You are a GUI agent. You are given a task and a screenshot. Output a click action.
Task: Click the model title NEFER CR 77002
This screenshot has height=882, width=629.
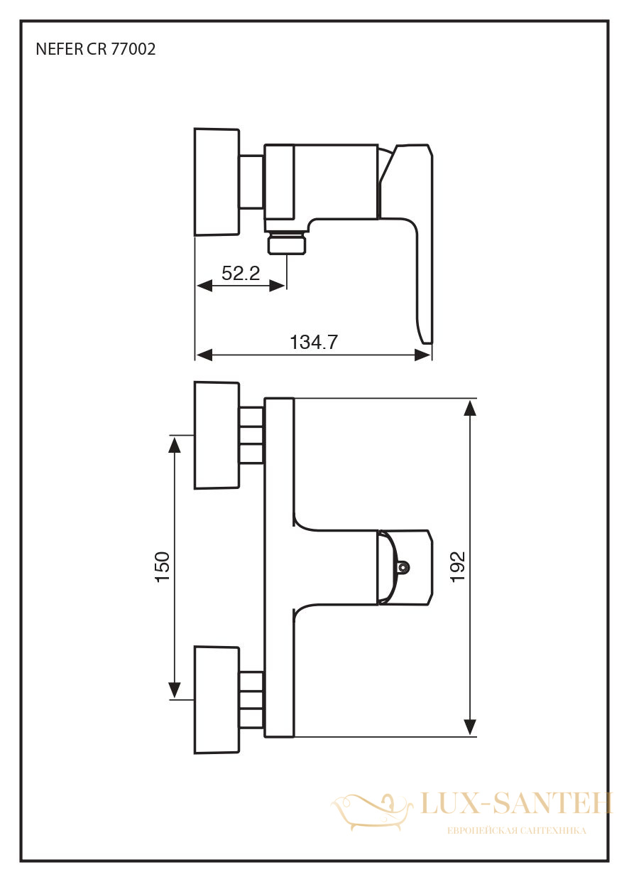tap(96, 49)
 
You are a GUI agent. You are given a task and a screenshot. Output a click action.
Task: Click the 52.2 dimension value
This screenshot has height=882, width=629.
tap(241, 273)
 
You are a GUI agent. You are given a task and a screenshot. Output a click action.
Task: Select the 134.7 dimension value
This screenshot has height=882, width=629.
tap(314, 342)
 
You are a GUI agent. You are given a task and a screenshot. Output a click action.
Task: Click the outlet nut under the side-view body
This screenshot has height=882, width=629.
tap(287, 243)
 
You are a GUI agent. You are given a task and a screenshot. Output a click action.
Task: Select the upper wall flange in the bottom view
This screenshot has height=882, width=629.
tap(217, 436)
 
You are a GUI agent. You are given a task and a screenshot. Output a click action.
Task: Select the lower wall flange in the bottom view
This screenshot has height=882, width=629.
tap(217, 699)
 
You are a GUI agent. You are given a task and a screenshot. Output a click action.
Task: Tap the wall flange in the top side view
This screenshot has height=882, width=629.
tap(217, 182)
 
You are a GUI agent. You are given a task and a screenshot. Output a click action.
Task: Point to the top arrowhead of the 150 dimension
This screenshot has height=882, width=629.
tap(174, 444)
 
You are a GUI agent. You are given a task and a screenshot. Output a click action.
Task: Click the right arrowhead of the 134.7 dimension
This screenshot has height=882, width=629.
tap(422, 355)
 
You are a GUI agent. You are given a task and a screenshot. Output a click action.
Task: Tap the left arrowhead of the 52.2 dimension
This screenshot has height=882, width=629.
tap(204, 286)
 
